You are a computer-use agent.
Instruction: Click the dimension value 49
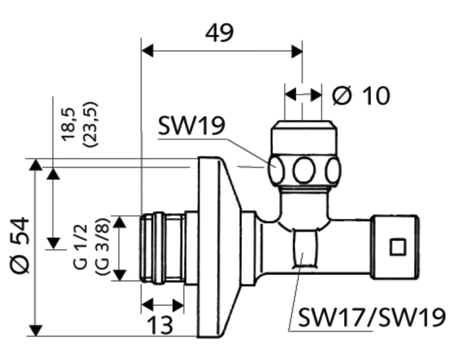[x=219, y=34]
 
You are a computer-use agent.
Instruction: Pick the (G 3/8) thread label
[x=102, y=246]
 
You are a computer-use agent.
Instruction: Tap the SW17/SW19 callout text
[x=372, y=318]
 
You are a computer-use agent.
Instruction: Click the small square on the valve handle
[x=397, y=247]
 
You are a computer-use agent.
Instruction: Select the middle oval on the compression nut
[x=303, y=170]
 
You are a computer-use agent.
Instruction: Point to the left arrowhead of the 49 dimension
[x=147, y=51]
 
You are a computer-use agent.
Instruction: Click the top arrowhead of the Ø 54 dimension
[x=36, y=164]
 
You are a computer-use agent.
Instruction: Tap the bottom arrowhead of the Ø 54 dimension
[x=36, y=331]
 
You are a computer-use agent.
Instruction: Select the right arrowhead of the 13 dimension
[x=178, y=305]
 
